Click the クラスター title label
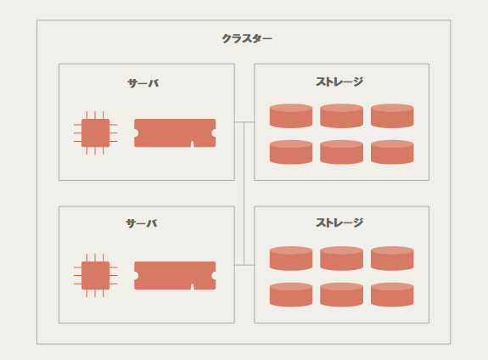[x=247, y=38]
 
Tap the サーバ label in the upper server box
[x=143, y=83]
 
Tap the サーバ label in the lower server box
[x=142, y=223]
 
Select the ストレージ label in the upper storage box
[x=339, y=82]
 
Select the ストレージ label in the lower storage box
[x=339, y=222]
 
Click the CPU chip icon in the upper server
[x=96, y=133]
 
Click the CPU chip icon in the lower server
[x=96, y=276]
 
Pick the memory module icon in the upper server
[x=175, y=133]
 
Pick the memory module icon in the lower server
[x=175, y=276]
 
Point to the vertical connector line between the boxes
[x=244, y=194]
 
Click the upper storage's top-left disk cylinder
[x=291, y=115]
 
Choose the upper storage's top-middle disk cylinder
[x=341, y=115]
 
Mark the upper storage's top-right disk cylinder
[x=392, y=115]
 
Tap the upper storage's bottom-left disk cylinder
[x=291, y=152]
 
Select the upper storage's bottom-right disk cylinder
[x=392, y=152]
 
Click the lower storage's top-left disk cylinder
[x=291, y=258]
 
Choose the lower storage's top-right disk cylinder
[x=392, y=258]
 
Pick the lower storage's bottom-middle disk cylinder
[x=341, y=295]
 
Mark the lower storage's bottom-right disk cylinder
[x=392, y=295]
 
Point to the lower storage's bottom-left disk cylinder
[x=291, y=295]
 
